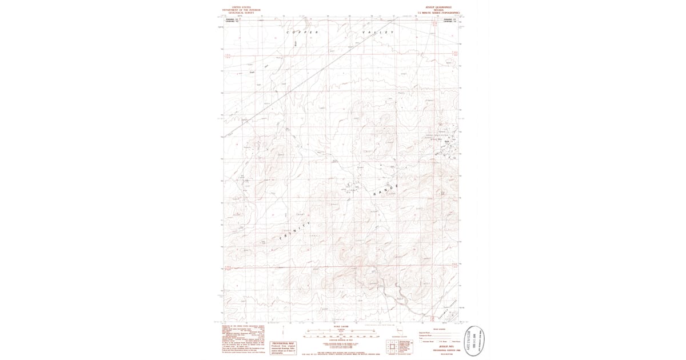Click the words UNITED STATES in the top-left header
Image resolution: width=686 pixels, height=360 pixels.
241,7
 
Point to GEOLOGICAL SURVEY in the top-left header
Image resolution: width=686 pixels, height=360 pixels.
241,13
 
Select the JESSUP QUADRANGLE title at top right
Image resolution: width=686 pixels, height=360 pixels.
438,7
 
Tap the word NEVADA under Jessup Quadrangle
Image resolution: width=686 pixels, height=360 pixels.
438,10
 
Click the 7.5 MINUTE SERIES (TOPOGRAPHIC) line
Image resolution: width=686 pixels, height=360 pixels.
438,13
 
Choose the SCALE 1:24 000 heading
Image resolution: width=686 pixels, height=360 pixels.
341,326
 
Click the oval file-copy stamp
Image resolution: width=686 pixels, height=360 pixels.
473,340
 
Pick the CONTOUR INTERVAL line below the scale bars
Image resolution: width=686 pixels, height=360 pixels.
341,341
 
